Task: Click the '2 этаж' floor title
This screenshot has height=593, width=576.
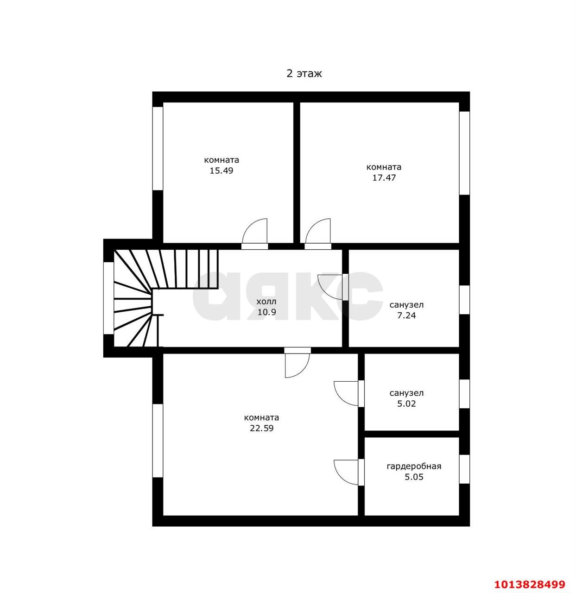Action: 304,74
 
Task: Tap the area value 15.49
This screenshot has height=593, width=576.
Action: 221,170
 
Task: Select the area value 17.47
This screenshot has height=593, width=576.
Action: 384,177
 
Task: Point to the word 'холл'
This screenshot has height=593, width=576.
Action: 266,302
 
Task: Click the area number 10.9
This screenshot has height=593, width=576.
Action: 266,312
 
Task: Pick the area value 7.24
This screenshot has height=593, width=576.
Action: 406,315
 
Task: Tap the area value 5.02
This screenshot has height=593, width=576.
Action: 406,404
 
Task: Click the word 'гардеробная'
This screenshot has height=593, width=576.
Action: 414,467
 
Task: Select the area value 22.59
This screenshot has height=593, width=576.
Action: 261,428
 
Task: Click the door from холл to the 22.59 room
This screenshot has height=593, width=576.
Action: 297,363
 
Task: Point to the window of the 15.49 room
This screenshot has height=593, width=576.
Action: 158,149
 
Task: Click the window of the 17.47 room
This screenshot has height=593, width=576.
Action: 464,153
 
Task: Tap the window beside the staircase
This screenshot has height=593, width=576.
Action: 109,298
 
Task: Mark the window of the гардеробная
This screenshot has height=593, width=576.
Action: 464,469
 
